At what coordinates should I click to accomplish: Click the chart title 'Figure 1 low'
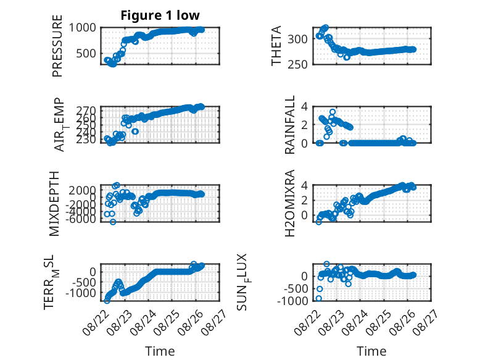(160, 15)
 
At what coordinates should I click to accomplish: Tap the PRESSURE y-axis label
(57, 46)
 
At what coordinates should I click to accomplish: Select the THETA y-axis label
(276, 46)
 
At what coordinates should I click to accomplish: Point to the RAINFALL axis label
(289, 124)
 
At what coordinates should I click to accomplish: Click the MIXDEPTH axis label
(54, 203)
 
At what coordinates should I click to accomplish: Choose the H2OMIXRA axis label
(289, 203)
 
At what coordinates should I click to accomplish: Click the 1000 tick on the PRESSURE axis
(82, 28)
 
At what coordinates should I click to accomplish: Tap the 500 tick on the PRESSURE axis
(86, 53)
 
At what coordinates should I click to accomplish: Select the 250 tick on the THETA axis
(297, 64)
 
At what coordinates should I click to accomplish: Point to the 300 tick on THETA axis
(297, 39)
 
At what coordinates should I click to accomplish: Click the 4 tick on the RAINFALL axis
(304, 106)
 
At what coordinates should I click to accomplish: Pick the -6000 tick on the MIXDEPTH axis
(80, 219)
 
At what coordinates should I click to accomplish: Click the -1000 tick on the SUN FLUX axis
(292, 301)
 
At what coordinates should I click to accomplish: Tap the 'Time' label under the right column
(371, 351)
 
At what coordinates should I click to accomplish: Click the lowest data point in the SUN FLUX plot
(319, 298)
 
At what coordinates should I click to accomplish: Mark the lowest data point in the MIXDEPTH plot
(113, 222)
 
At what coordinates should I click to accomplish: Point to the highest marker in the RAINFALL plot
(333, 112)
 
